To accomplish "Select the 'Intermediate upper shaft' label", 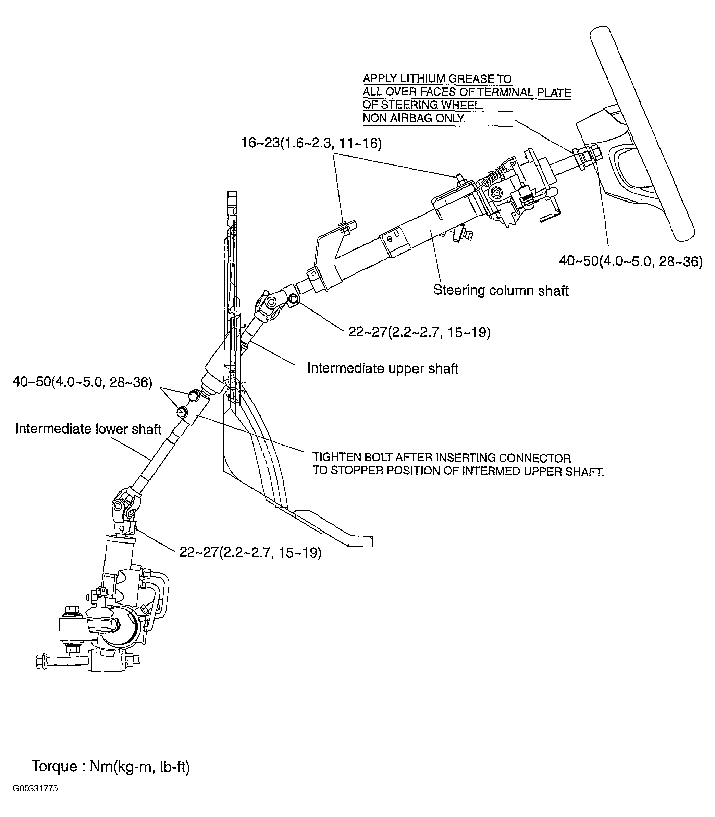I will click(x=382, y=368).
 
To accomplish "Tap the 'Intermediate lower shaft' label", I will click(x=88, y=429).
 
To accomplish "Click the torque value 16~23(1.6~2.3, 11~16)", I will click(x=311, y=143).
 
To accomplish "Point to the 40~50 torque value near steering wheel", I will click(x=630, y=261).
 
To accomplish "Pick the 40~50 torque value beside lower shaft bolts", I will click(x=83, y=382).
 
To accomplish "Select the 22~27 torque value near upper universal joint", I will click(x=419, y=332).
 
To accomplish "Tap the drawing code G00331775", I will click(x=35, y=789).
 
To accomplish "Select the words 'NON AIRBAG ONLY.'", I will click(x=414, y=118).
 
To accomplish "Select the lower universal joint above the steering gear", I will click(x=125, y=507).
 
